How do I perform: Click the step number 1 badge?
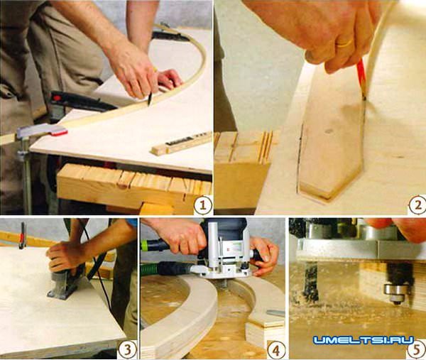click(x=202, y=204)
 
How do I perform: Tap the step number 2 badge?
click(x=417, y=205)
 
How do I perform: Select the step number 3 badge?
click(x=126, y=349)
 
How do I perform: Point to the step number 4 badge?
click(x=275, y=351)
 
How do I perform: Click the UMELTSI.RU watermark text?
click(x=364, y=340)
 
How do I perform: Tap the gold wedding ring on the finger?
click(x=344, y=43)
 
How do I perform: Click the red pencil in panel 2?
click(x=361, y=80)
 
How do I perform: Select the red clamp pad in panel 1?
click(x=59, y=133)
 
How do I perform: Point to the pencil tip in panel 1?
click(x=148, y=104)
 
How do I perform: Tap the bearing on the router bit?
click(x=395, y=291)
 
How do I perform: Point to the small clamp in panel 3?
click(x=22, y=236)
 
